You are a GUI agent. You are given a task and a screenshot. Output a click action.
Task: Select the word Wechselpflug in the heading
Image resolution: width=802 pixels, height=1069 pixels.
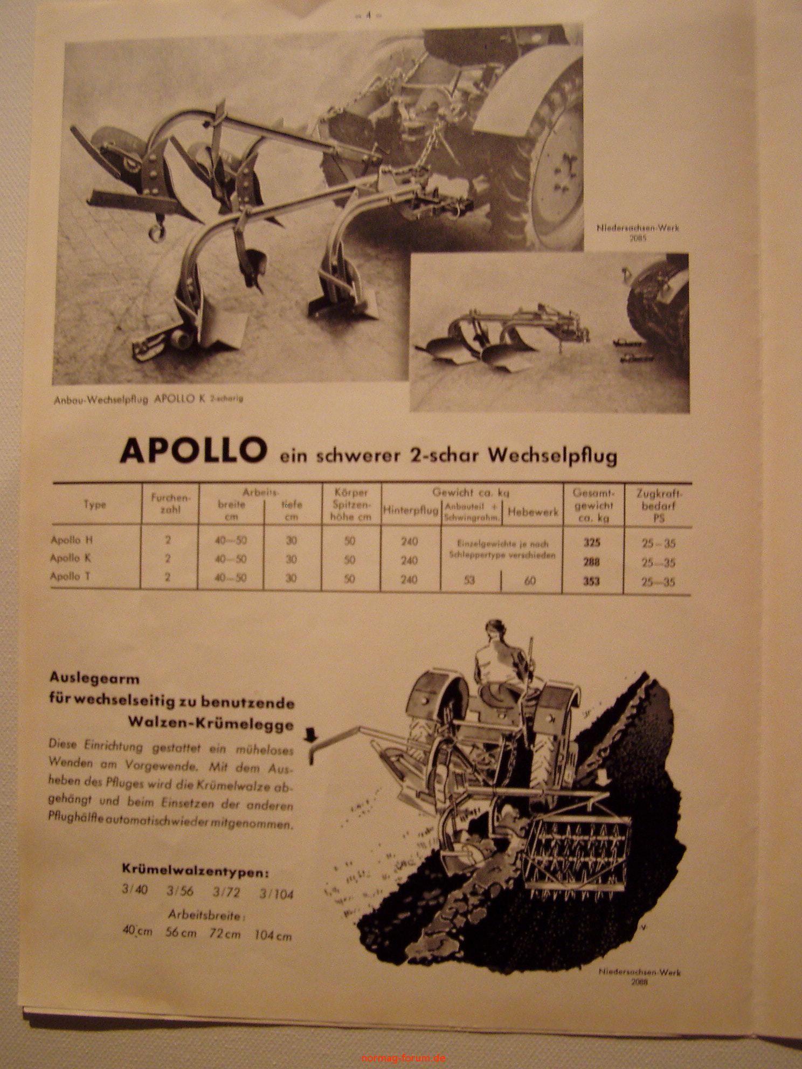point(552,456)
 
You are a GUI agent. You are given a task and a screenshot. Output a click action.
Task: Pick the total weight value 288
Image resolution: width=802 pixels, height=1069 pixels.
point(591,562)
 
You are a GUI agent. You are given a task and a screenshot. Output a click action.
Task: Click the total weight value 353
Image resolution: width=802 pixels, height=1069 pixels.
point(591,581)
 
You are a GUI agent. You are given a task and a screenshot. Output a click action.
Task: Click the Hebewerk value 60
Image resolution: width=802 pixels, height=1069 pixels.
point(530,581)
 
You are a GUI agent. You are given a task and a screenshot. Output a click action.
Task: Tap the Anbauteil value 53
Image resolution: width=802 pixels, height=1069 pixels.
point(469,581)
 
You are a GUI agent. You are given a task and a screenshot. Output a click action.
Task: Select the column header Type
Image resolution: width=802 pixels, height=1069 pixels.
point(94,505)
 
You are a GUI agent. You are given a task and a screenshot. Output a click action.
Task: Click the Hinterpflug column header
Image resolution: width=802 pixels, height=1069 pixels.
point(410,510)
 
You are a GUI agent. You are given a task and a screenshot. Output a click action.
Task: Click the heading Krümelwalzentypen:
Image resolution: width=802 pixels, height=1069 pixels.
point(195,872)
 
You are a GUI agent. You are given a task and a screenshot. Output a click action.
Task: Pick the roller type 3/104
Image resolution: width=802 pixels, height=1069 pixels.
point(276,894)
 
